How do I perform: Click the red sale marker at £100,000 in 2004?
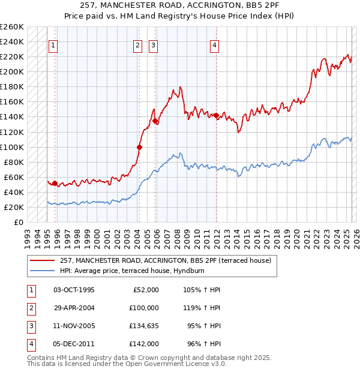click(x=139, y=146)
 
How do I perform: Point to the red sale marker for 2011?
click(x=215, y=115)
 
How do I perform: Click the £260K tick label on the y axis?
click(x=12, y=27)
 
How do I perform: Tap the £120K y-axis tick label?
click(x=12, y=132)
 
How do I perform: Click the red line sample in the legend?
click(x=43, y=260)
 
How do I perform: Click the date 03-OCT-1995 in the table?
click(x=74, y=290)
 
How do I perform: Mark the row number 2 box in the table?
click(x=30, y=308)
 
